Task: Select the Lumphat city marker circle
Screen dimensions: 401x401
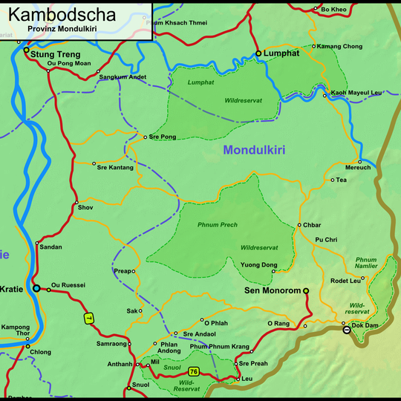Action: point(258,54)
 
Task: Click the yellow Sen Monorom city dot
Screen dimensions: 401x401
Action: point(306,291)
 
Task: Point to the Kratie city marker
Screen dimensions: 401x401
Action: point(36,288)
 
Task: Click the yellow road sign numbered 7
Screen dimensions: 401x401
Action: point(88,319)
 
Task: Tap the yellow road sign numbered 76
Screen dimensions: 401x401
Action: point(194,371)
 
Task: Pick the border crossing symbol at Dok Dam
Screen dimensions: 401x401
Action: point(345,329)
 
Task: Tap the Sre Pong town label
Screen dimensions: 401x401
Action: point(163,137)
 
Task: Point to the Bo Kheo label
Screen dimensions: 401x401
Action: point(333,9)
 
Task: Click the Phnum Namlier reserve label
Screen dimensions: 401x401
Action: point(366,264)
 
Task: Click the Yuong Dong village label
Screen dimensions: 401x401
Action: point(259,265)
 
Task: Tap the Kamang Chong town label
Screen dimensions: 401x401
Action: point(340,47)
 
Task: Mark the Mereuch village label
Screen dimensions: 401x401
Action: point(358,168)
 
